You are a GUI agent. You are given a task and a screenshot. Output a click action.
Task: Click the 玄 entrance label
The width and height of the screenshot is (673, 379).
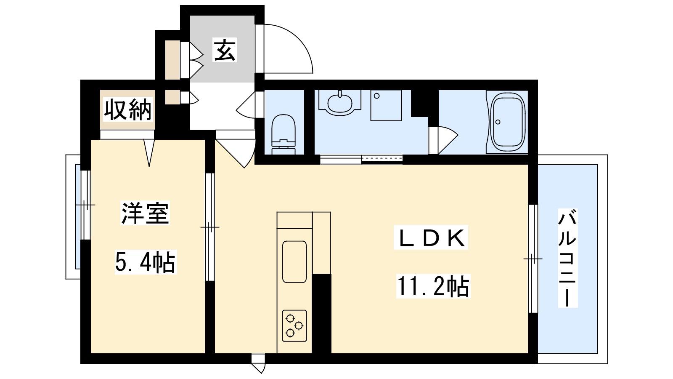point(225,50)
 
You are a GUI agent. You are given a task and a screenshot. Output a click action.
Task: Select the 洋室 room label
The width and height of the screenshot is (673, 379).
point(145,213)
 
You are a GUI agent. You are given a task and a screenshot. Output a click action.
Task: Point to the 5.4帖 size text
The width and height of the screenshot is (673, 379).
point(146,262)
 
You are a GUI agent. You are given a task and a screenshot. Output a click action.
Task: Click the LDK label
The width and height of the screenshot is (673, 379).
point(431,237)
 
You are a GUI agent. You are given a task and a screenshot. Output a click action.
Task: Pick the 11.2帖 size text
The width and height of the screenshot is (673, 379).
point(433,286)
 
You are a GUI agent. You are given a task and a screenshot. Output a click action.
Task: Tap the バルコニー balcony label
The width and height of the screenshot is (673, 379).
point(567,258)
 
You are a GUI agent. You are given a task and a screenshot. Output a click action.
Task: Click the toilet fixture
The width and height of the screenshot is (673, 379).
point(284,134)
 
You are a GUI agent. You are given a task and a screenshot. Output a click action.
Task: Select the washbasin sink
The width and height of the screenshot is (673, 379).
point(339,103)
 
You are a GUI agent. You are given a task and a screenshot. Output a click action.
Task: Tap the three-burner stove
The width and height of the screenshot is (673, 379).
point(294,326)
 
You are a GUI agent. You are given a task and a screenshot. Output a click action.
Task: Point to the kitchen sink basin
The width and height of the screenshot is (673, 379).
point(294,262)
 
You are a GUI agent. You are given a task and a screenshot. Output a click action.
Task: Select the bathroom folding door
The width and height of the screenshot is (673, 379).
point(443,140)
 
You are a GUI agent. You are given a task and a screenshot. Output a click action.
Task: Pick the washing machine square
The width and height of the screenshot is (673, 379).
point(386,105)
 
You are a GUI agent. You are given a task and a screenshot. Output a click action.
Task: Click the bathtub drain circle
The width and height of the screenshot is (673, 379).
point(498,122)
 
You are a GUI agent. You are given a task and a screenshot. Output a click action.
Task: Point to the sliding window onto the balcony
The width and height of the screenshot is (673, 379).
point(533,259)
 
